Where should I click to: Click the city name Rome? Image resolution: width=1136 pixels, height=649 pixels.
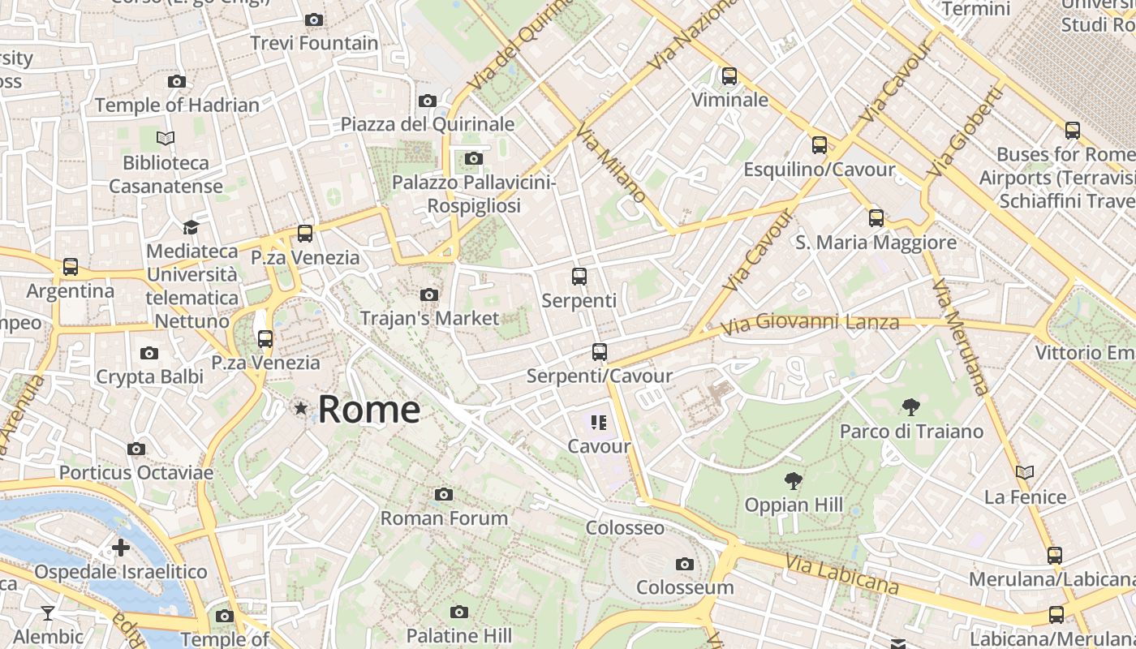click(x=368, y=409)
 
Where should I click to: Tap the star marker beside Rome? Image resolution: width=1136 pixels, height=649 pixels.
click(x=301, y=408)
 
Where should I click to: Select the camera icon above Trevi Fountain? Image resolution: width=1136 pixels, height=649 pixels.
click(x=314, y=19)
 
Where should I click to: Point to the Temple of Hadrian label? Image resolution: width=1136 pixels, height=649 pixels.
click(x=177, y=105)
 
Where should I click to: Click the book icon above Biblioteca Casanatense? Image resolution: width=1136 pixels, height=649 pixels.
click(x=166, y=139)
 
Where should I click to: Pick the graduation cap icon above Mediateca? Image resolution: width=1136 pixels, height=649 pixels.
click(x=191, y=227)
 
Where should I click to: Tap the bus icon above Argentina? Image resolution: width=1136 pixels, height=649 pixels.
click(x=71, y=266)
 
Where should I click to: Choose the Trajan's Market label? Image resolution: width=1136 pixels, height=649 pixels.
click(x=429, y=318)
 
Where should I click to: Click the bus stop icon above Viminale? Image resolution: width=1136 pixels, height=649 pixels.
click(x=729, y=76)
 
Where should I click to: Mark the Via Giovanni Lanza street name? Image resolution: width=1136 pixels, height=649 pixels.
click(x=810, y=324)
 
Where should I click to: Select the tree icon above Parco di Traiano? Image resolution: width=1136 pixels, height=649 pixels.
click(x=911, y=406)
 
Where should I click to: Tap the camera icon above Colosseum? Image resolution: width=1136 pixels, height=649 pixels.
click(x=685, y=564)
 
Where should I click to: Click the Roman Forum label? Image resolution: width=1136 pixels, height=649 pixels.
click(x=444, y=518)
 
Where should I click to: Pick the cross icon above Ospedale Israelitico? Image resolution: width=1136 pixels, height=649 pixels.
click(x=121, y=548)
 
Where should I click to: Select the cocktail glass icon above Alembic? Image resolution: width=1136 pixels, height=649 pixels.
click(x=48, y=612)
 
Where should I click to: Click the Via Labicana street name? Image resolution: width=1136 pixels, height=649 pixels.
click(x=842, y=573)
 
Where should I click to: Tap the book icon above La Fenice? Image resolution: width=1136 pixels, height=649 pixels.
click(x=1025, y=472)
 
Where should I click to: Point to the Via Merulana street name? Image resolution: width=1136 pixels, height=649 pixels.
click(x=960, y=337)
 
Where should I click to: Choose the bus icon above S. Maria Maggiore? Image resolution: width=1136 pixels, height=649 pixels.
click(x=876, y=217)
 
